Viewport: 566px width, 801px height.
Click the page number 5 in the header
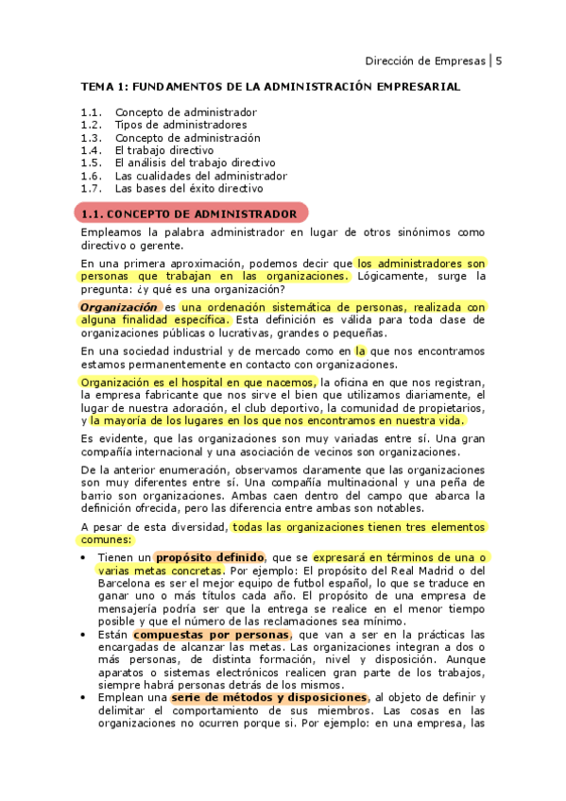pos(498,60)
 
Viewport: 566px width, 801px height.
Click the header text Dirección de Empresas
pos(425,60)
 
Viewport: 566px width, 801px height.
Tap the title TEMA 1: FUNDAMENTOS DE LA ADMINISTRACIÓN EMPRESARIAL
pos(270,87)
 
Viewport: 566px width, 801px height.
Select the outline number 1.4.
pos(91,150)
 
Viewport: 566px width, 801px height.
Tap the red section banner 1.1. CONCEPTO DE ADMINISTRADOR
pos(190,213)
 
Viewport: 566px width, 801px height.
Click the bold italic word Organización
pos(117,307)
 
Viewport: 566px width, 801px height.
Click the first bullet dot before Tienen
pos(85,558)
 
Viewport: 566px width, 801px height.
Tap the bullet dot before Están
pos(85,635)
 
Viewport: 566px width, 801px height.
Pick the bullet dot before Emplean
pos(85,699)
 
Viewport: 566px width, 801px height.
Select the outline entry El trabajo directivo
pos(163,150)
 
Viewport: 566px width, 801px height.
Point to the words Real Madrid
pos(421,571)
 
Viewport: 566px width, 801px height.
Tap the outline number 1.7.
pos(91,188)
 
